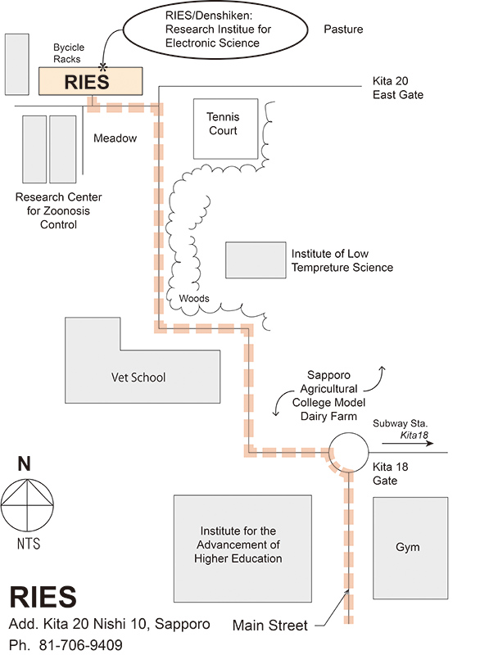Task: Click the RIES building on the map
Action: pos(91,81)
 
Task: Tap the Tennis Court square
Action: pos(225,129)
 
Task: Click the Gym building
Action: pos(410,548)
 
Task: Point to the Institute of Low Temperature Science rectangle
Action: pos(256,260)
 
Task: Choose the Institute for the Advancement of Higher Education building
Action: pos(242,549)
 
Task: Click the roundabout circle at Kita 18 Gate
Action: pos(349,452)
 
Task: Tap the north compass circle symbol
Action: pos(27,505)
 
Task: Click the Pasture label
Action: pos(343,29)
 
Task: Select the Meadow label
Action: pos(115,138)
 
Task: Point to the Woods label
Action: pos(194,298)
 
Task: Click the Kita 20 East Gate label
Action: pos(398,88)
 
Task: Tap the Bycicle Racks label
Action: pos(69,53)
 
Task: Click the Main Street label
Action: pos(269,626)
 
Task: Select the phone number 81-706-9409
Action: pos(80,644)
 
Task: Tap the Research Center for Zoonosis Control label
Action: pos(58,210)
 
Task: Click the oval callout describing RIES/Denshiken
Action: pos(215,29)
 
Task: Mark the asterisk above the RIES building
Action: pos(102,67)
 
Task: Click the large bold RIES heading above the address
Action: pos(43,597)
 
